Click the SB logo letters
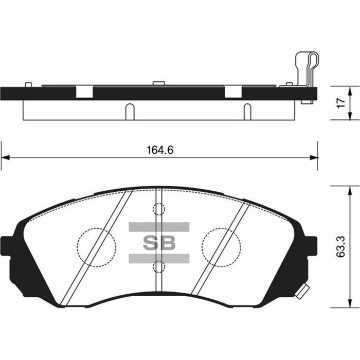tap(159, 243)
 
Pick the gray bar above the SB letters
tap(159, 227)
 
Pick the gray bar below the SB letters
tap(159, 258)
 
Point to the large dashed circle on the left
tap(96, 247)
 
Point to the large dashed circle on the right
tap(221, 247)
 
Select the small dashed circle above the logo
tap(159, 209)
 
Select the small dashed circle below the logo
tap(159, 266)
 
